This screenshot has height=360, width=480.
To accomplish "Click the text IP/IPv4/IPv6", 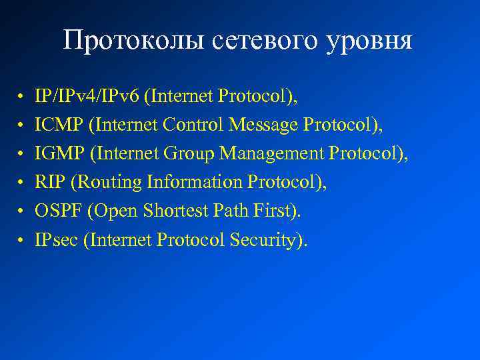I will point(88,97).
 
